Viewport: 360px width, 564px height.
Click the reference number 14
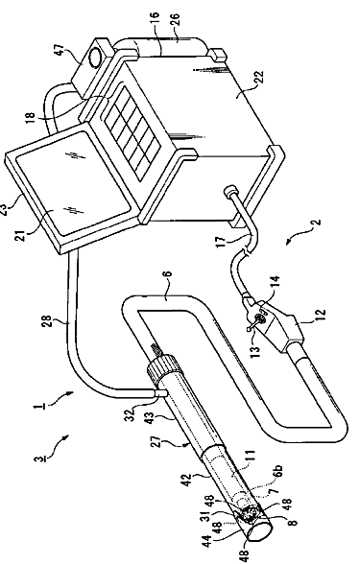[275, 283]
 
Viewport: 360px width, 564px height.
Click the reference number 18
[31, 120]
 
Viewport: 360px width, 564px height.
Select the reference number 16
[154, 19]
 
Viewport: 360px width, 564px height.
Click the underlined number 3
[37, 458]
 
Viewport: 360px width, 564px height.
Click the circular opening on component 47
[95, 56]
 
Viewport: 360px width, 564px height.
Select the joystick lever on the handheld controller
[253, 322]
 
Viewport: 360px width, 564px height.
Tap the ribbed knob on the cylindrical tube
[160, 368]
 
